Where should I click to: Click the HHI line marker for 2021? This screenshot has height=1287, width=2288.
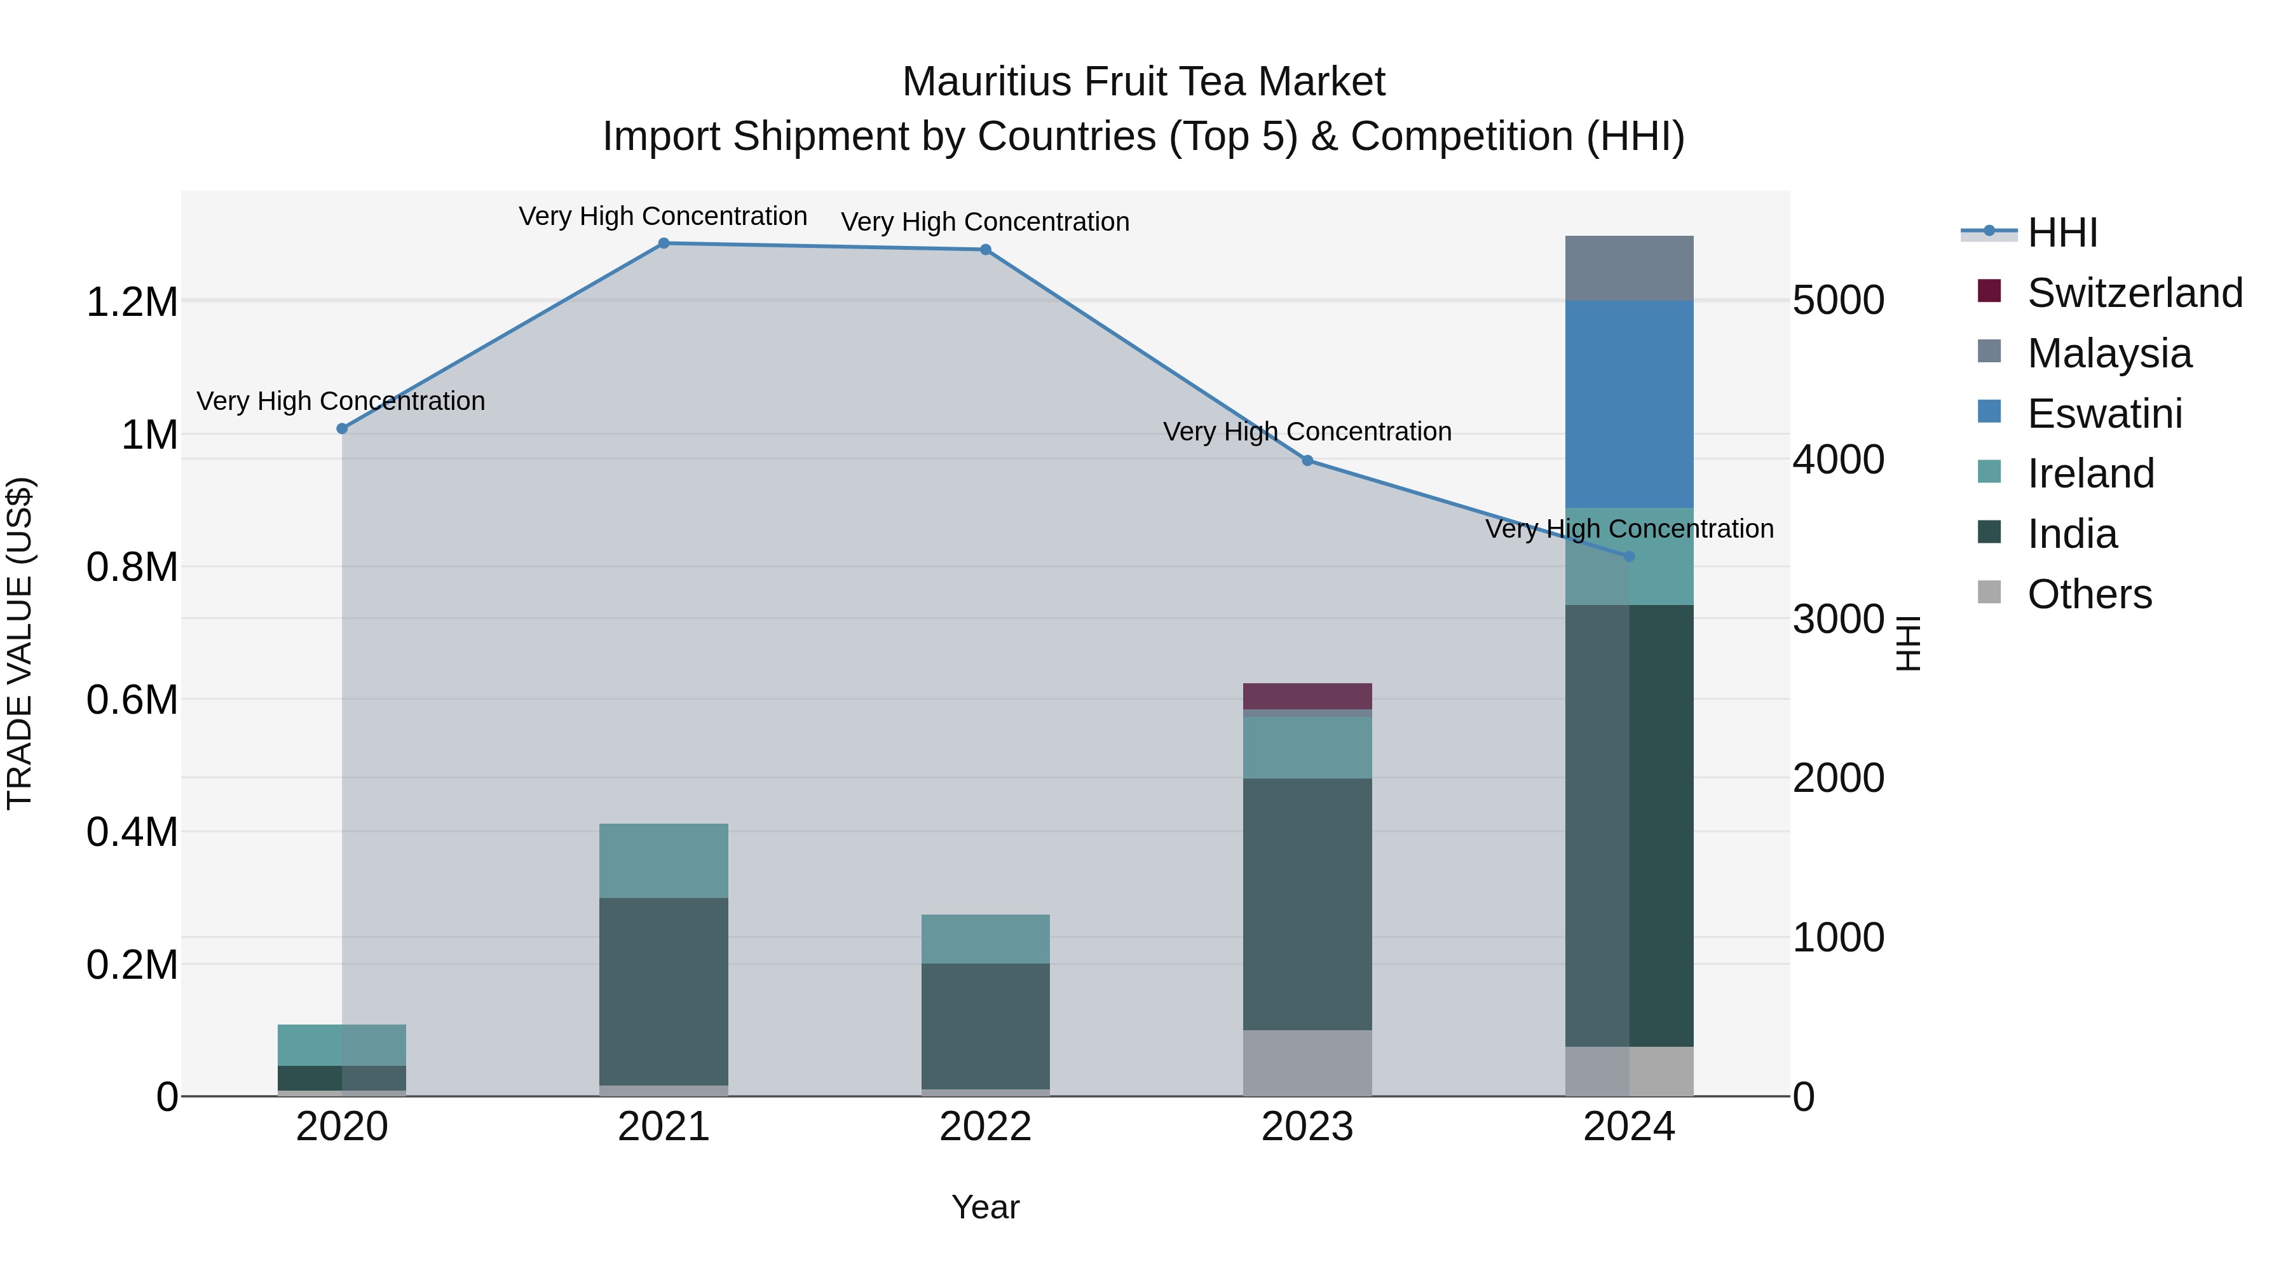664,243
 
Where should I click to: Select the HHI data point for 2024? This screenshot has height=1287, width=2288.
1629,557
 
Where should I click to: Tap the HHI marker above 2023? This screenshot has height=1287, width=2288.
1307,461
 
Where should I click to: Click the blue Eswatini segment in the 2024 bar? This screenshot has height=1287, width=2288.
1629,404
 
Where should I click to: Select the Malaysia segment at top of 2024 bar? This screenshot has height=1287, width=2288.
1629,268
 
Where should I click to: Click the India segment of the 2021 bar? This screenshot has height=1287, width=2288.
664,990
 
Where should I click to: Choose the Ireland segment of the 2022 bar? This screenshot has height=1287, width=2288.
985,939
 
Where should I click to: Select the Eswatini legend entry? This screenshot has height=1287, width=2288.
2104,414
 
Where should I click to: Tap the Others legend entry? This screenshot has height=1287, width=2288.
2089,594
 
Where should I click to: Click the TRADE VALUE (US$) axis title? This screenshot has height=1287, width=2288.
20,643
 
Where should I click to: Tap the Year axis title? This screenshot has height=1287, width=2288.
985,1207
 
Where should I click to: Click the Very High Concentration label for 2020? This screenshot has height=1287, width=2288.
341,402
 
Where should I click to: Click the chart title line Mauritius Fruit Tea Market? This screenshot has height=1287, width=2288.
1143,83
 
